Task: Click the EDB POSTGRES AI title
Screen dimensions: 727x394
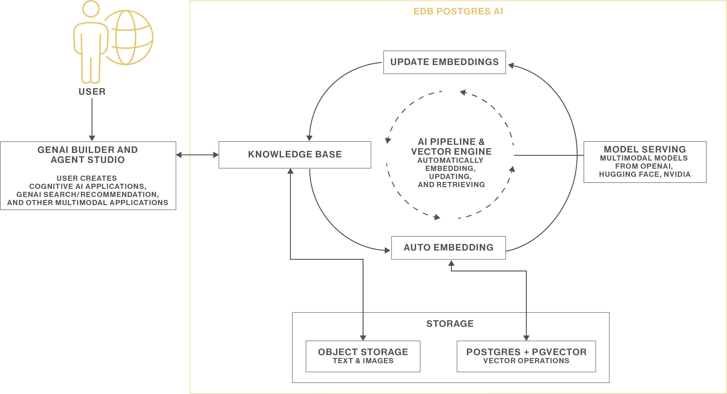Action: (458, 11)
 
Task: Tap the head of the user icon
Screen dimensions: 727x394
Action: (91, 9)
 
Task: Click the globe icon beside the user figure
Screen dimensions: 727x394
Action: (129, 38)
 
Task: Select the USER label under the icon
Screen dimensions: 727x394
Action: (92, 92)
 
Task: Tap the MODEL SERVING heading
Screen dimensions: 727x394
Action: (645, 149)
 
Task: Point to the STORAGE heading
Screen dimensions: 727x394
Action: (450, 324)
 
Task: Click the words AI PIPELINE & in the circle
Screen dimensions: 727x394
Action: (451, 142)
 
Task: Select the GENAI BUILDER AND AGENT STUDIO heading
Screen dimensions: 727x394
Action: (88, 155)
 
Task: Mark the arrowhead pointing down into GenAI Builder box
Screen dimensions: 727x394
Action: (92, 138)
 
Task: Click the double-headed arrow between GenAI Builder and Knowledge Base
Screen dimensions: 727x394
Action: (197, 155)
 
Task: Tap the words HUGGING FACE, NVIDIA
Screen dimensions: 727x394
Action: (645, 175)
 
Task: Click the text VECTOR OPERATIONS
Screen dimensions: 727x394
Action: (526, 361)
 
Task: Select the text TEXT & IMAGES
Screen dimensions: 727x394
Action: (363, 361)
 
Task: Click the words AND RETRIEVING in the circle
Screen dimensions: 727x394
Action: (451, 185)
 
